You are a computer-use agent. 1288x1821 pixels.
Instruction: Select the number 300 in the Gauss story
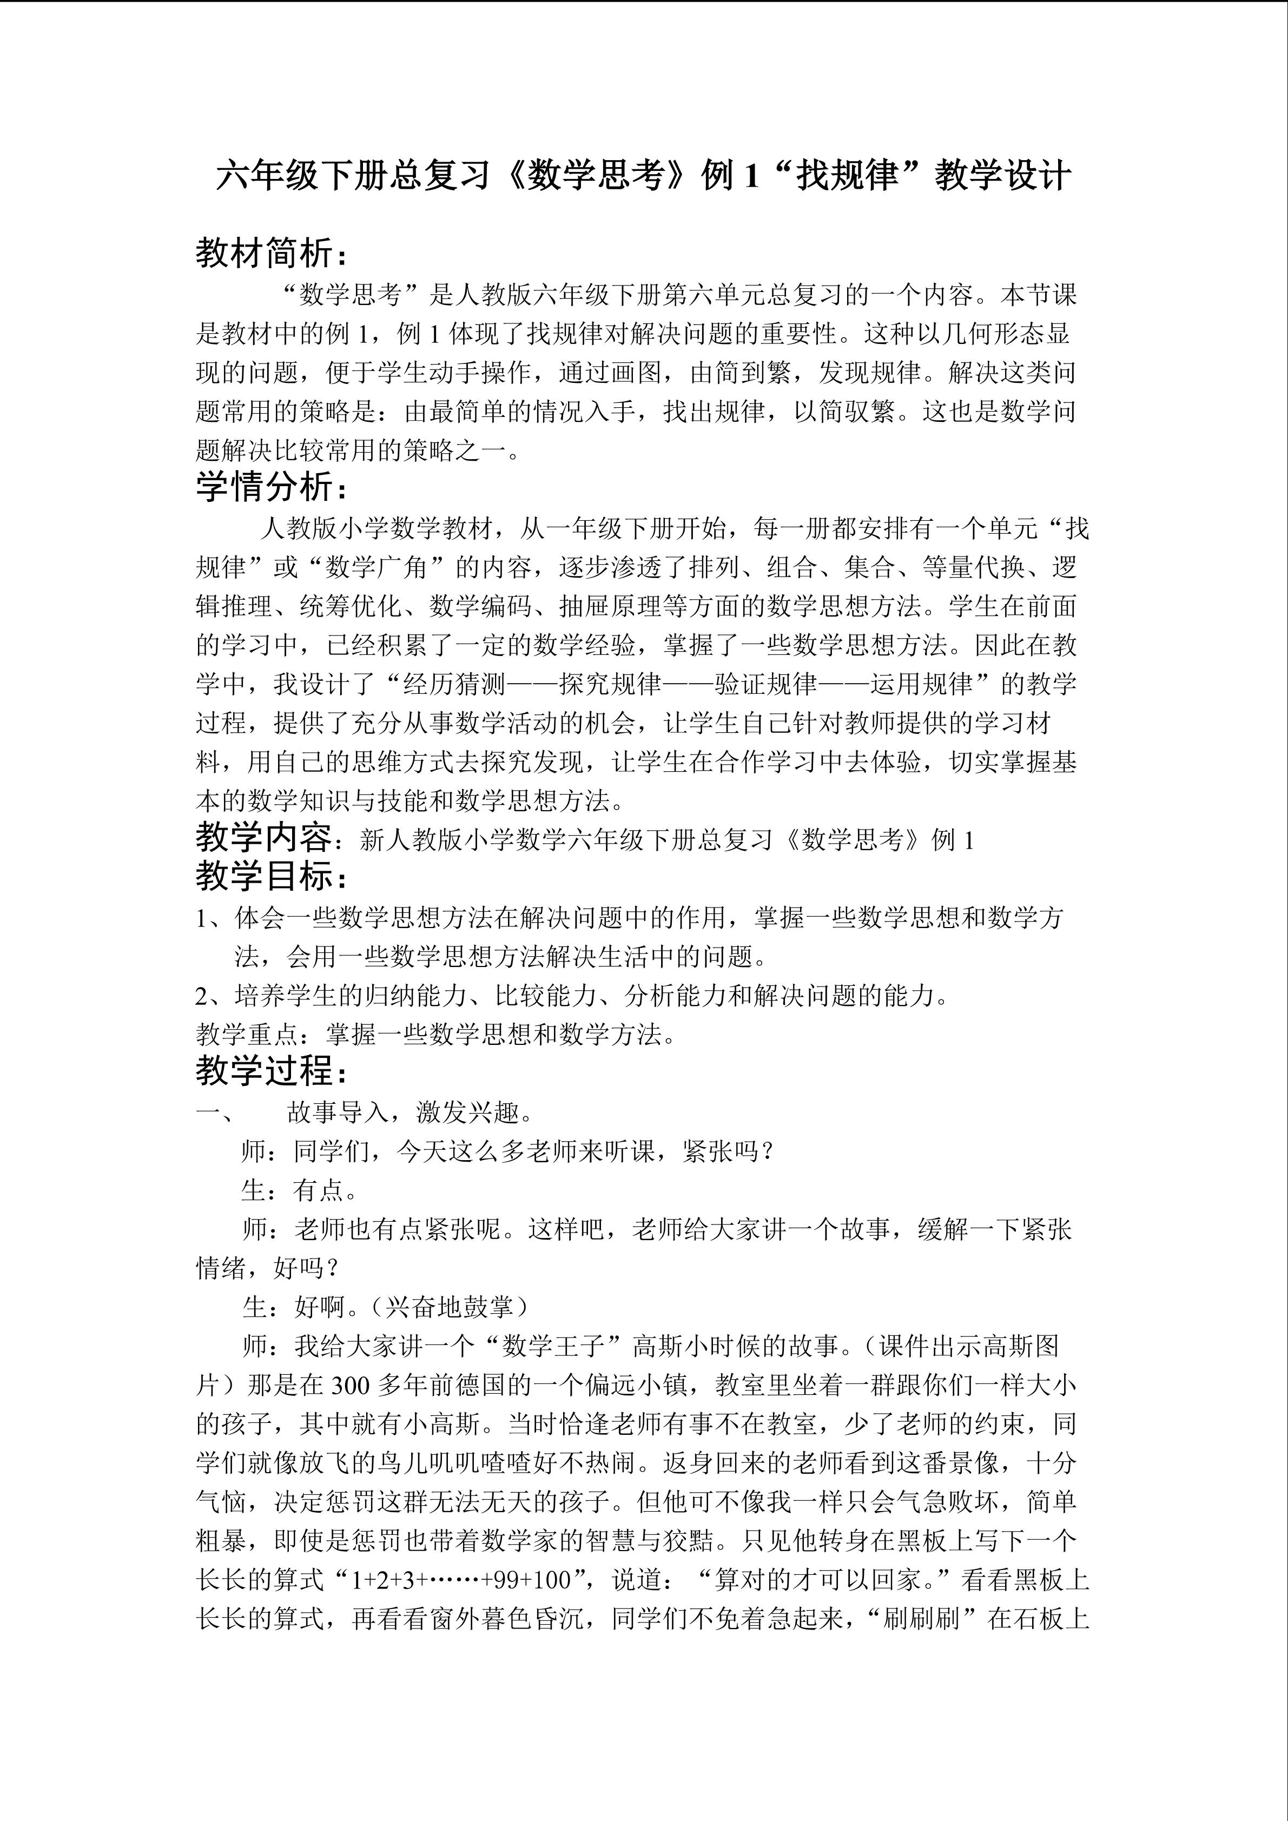351,1385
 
